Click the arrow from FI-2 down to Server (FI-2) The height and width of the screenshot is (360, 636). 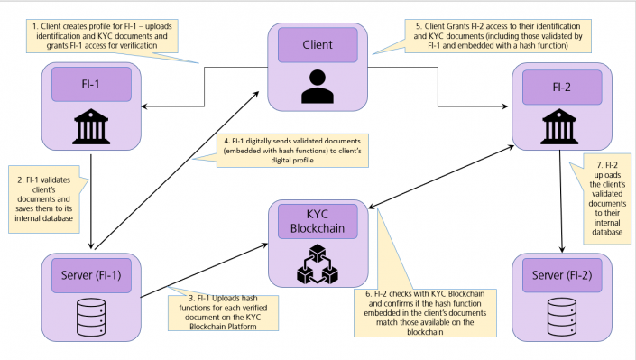(564, 203)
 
